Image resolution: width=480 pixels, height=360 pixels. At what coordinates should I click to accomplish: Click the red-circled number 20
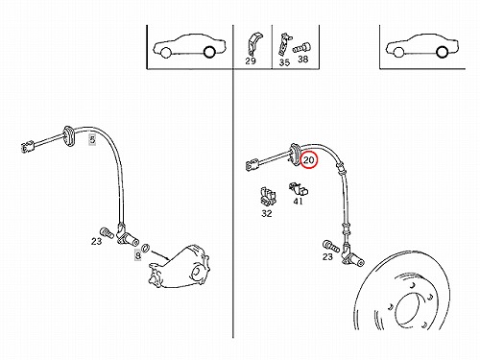(x=309, y=160)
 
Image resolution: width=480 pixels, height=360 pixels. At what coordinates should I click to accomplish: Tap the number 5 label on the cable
(x=92, y=139)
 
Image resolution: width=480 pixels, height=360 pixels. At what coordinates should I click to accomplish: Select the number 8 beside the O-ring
(x=137, y=255)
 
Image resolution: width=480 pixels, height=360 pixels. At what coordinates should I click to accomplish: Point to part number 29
(x=251, y=60)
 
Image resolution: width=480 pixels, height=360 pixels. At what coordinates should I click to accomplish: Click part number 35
(x=284, y=62)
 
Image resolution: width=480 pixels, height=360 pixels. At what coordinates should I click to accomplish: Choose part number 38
(x=302, y=59)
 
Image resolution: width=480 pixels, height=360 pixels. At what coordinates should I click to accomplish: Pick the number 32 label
(x=267, y=213)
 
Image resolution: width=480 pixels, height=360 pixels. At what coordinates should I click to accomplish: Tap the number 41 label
(x=298, y=202)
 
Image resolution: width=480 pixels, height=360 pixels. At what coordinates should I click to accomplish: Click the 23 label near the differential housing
(x=96, y=241)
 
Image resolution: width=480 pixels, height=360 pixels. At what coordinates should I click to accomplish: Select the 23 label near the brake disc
(x=327, y=256)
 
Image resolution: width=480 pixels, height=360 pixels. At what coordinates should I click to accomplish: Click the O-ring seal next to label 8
(x=146, y=248)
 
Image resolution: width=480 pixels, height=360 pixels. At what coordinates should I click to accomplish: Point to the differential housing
(x=180, y=266)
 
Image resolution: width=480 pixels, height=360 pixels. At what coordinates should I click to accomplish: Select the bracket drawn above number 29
(x=253, y=43)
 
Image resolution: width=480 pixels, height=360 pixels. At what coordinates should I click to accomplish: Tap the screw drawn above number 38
(x=301, y=49)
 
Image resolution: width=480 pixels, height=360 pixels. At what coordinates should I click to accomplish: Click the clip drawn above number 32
(x=268, y=196)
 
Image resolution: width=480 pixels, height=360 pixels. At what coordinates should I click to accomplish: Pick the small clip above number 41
(x=299, y=189)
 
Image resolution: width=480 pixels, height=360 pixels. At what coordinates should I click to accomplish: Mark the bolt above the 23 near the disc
(x=330, y=246)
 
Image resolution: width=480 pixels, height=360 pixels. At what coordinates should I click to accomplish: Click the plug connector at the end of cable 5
(x=28, y=147)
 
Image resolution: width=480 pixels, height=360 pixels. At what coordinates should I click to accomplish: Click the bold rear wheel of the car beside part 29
(x=209, y=52)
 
